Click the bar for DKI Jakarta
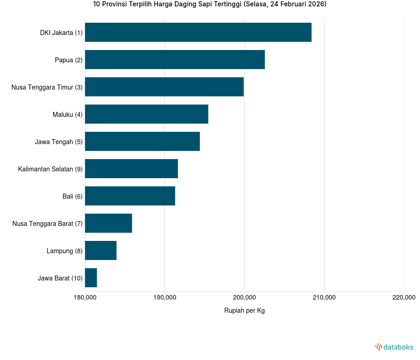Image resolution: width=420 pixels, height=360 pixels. pos(198,32)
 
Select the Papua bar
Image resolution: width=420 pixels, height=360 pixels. pos(175,60)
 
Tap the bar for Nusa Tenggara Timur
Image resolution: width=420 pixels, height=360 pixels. pos(164,87)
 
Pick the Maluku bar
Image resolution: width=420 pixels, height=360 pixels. pos(147,114)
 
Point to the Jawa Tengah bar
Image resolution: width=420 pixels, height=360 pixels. pos(142,141)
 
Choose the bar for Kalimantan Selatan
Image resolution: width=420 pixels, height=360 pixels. pos(131,169)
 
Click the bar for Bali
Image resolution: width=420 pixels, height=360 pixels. pos(130,196)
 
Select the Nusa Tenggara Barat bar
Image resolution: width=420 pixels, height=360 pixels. pos(109,223)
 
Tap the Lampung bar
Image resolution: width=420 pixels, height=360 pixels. pos(101,250)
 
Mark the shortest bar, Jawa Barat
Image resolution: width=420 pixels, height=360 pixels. pos(91,278)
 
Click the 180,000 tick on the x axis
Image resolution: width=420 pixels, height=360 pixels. pos(85,298)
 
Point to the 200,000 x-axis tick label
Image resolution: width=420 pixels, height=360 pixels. pos(244,298)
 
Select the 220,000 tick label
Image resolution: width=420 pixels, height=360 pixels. pos(404,298)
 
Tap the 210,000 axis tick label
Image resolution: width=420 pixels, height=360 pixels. pos(324,298)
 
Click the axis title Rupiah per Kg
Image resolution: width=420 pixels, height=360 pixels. pos(244,310)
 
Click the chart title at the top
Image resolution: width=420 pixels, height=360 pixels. pos(210,4)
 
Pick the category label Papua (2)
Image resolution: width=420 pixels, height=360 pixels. pos(69,60)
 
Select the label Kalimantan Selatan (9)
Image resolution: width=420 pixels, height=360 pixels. pos(50,169)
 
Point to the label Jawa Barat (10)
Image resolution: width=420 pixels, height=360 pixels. pos(60,278)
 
